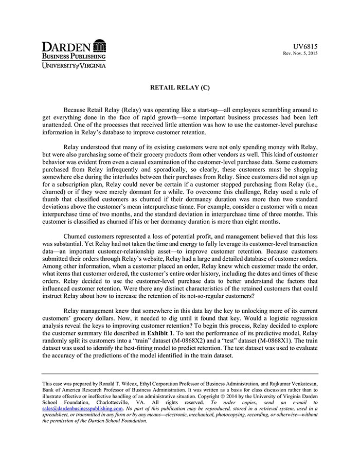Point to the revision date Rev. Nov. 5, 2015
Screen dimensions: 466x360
coord(300,53)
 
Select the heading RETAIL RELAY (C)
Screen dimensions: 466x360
coord(180,87)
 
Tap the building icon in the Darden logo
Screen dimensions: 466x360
coord(100,45)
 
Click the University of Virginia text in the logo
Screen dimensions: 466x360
coord(74,65)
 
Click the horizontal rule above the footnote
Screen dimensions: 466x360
coord(180,374)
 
